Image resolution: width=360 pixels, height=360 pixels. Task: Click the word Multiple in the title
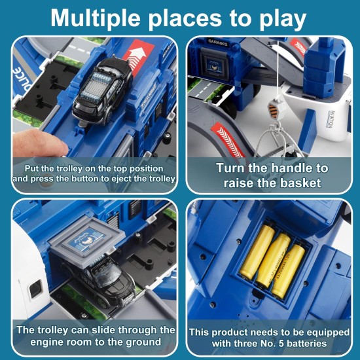[x=96, y=18]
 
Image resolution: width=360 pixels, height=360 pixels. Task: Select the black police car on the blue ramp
[x=103, y=91]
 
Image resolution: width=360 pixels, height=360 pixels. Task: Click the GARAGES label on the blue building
[x=217, y=43]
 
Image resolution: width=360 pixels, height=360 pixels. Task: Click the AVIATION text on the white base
[x=330, y=119]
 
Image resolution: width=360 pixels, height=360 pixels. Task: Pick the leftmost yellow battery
[x=257, y=252]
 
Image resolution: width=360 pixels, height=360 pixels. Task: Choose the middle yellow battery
[x=273, y=261]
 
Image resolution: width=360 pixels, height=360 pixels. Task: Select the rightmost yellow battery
[x=288, y=271]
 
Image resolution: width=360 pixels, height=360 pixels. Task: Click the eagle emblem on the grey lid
[x=88, y=240]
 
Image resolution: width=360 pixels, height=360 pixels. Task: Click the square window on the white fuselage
[x=35, y=289]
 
